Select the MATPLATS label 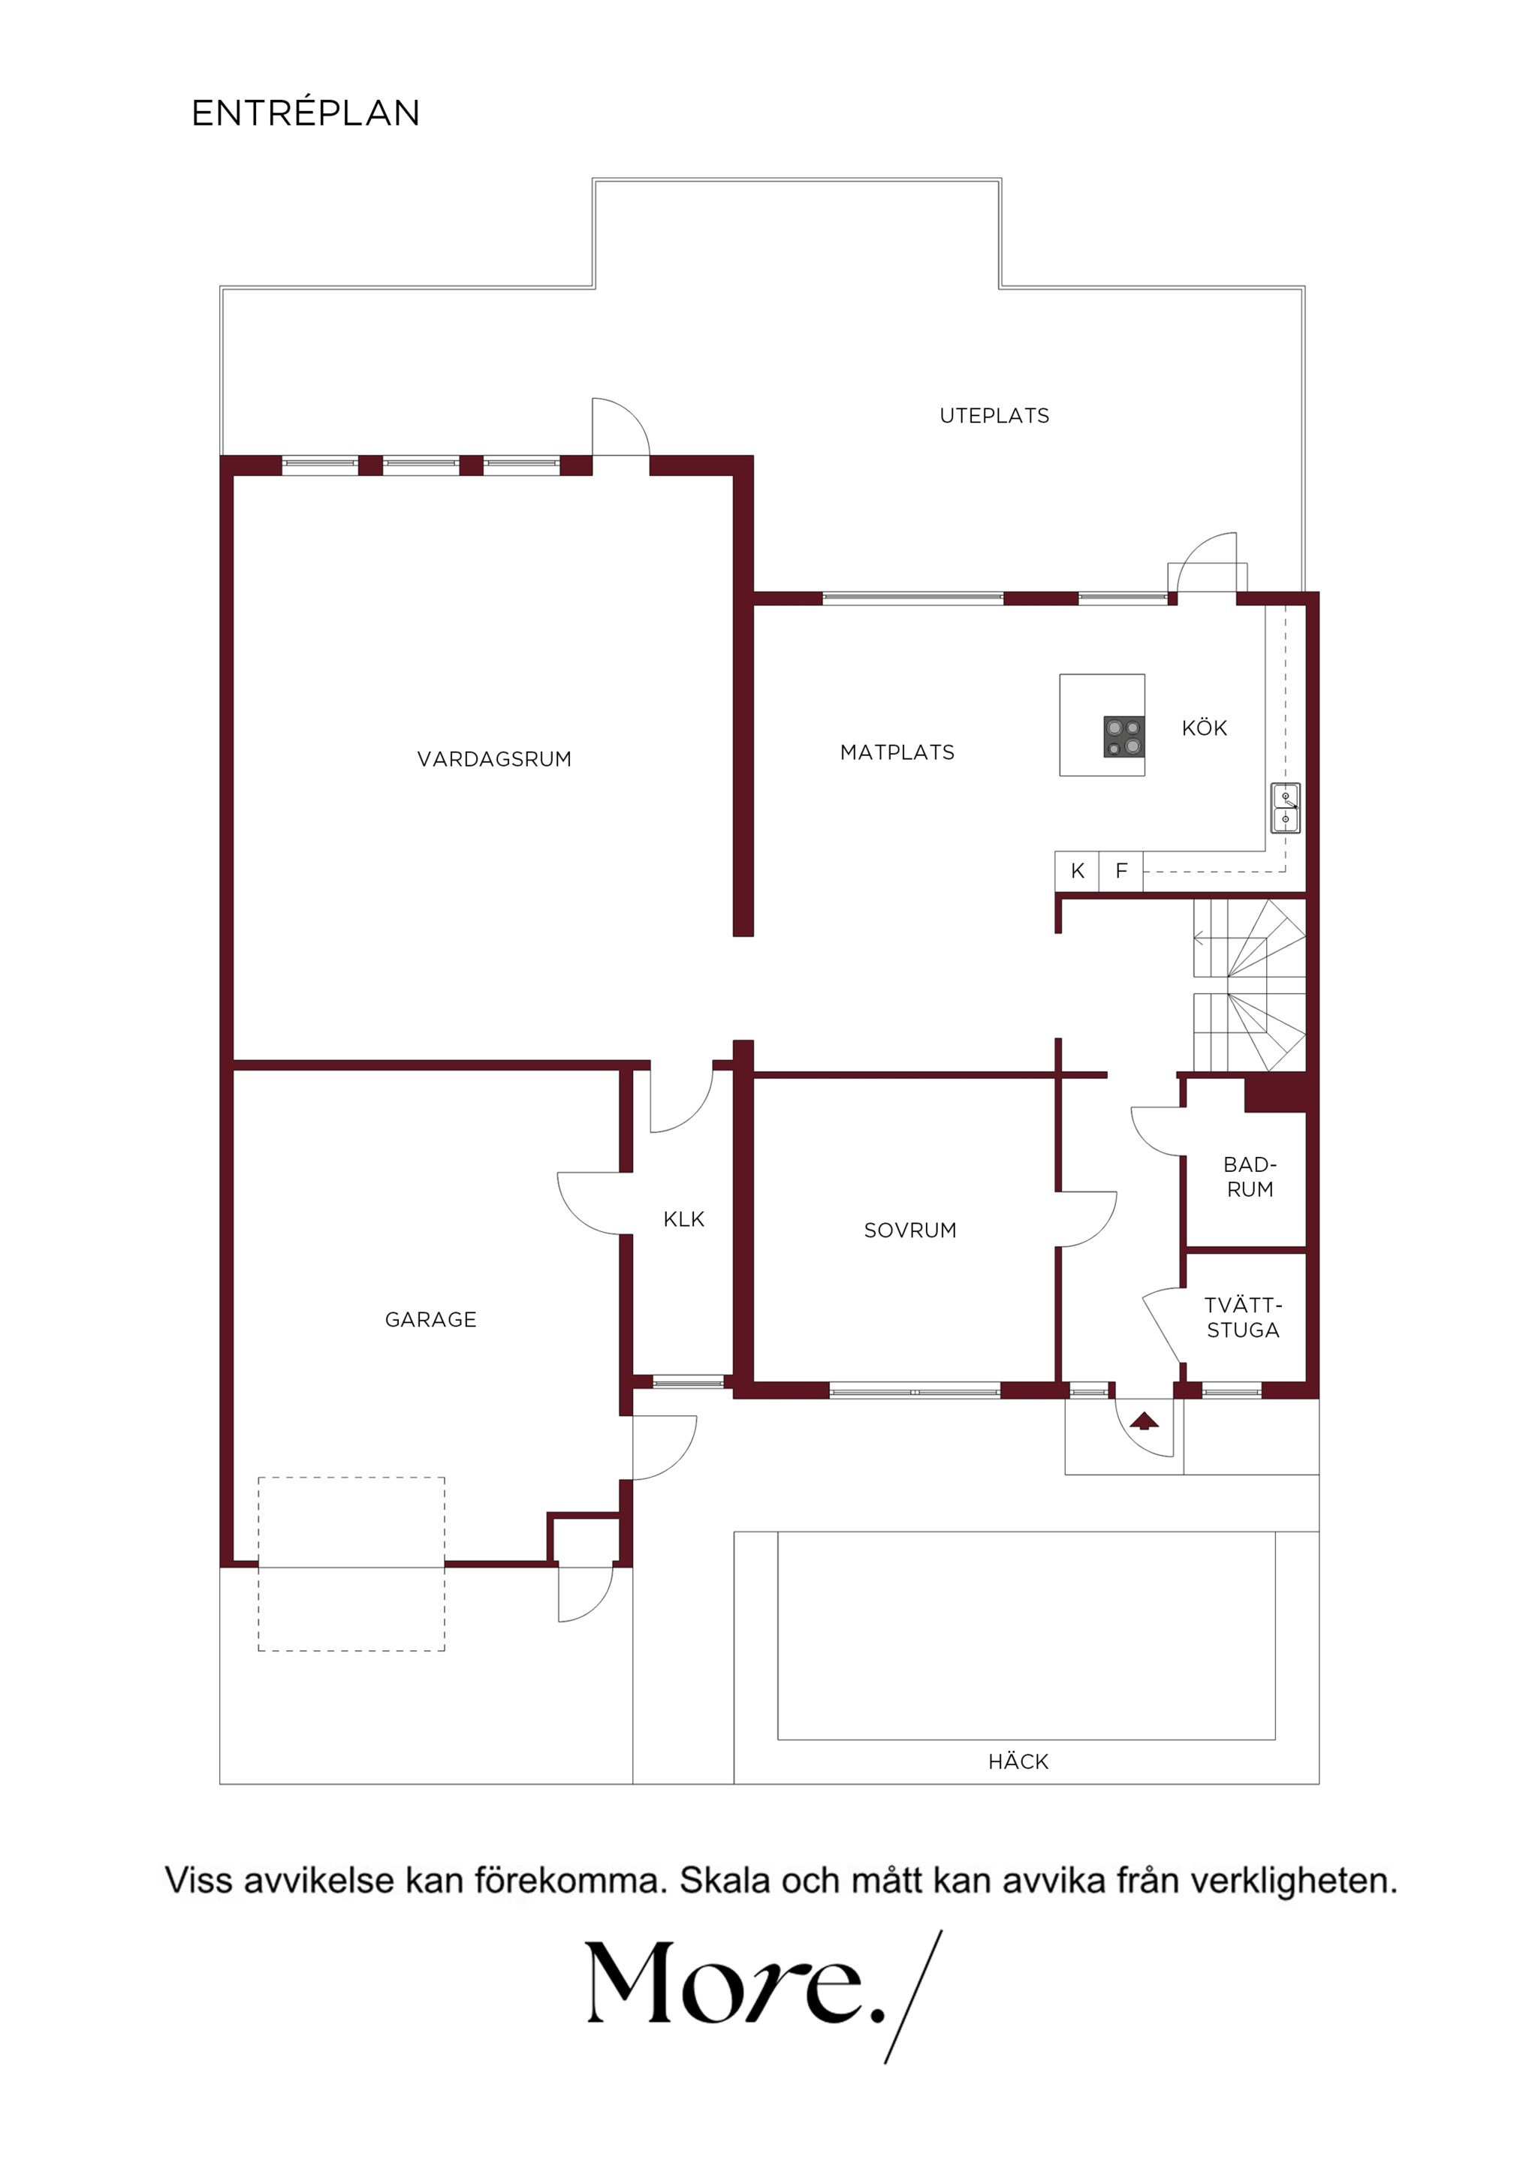pyautogui.click(x=897, y=752)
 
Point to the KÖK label pyautogui.click(x=1205, y=728)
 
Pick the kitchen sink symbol pyautogui.click(x=1285, y=808)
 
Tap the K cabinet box pyautogui.click(x=1078, y=871)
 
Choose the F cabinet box pyautogui.click(x=1121, y=871)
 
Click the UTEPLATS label pyautogui.click(x=994, y=416)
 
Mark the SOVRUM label pyautogui.click(x=909, y=1231)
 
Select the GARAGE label pyautogui.click(x=430, y=1320)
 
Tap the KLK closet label pyautogui.click(x=683, y=1219)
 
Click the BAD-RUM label pyautogui.click(x=1250, y=1176)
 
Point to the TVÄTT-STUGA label pyautogui.click(x=1244, y=1318)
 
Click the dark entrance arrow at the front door pyautogui.click(x=1144, y=1420)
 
